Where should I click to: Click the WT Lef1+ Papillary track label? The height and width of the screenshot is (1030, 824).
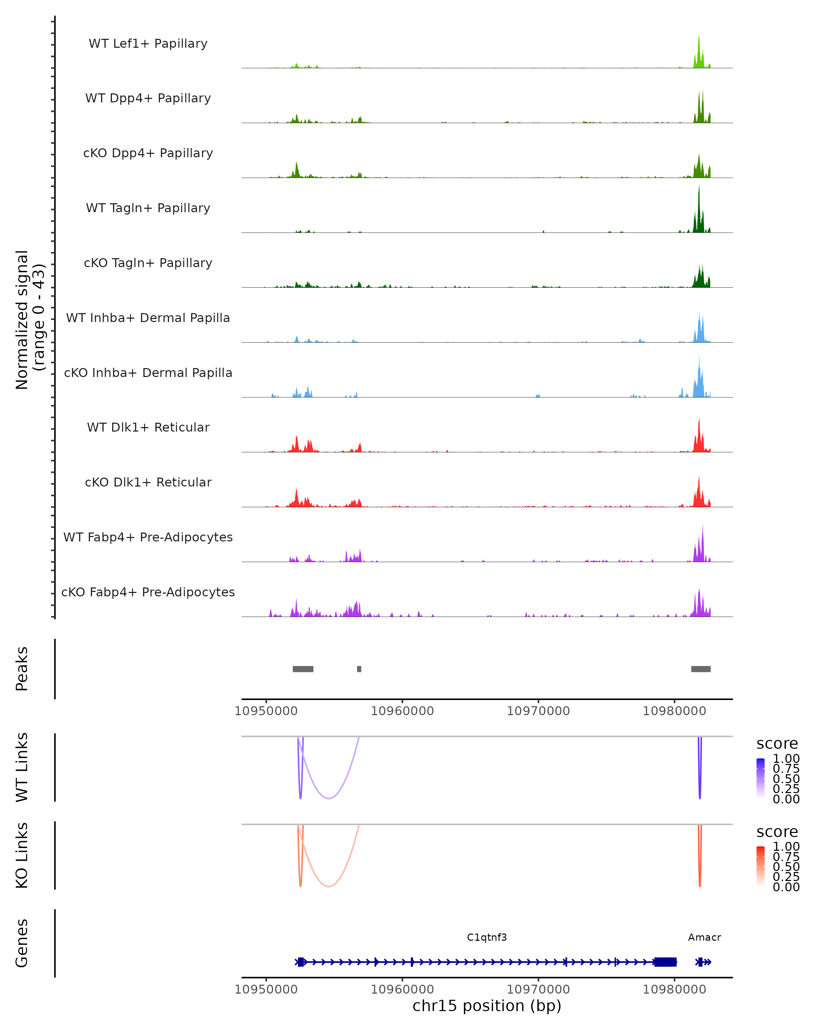pos(148,44)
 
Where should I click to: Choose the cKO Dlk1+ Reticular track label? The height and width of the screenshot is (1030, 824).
pos(148,482)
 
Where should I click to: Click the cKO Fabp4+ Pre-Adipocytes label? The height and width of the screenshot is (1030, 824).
pos(148,592)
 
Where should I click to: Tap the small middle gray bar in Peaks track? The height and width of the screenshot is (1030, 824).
pos(359,669)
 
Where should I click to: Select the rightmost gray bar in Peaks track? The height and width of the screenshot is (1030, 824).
pos(701,669)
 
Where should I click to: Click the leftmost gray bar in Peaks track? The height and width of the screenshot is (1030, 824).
pos(303,669)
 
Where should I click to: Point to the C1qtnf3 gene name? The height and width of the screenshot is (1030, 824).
pos(487,937)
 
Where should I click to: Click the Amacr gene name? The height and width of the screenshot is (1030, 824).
pos(704,937)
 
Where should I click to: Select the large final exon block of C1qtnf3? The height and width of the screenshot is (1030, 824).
pos(665,962)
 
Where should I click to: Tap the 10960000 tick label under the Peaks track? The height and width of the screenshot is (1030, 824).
pos(402,711)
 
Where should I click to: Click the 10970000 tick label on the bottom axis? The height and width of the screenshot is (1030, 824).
pos(538,989)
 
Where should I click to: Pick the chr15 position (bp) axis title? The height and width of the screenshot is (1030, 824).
pos(487,1006)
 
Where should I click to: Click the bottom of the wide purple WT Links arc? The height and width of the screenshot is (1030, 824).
pos(329,798)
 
